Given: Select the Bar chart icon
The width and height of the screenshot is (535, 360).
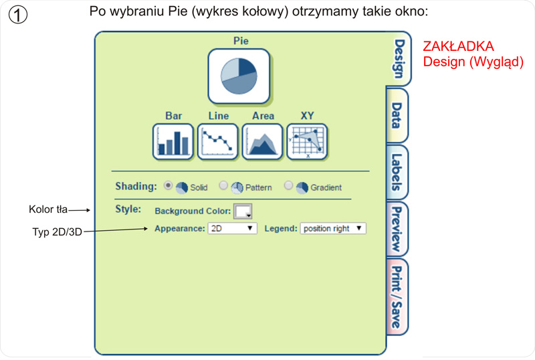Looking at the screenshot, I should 173,141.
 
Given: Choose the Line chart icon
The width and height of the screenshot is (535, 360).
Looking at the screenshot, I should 218,141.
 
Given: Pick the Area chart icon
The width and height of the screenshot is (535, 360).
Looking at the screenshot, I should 263,141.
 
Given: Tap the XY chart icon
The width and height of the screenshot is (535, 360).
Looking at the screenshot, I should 307,141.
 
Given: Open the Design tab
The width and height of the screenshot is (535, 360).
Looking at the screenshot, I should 399,59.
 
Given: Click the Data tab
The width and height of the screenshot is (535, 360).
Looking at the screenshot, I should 398,115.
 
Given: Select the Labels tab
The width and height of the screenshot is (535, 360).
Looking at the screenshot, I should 398,172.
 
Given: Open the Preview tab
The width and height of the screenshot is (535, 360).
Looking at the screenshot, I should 398,229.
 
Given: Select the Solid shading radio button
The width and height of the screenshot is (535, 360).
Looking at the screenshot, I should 168,186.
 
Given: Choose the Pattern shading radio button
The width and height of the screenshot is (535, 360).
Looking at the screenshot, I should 223,186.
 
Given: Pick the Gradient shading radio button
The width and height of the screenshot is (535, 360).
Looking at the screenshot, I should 288,186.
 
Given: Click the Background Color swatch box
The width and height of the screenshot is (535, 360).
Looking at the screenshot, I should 243,211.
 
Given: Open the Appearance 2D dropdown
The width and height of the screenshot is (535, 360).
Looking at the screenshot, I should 232,229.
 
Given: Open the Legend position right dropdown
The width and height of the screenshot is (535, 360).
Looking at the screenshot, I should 332,229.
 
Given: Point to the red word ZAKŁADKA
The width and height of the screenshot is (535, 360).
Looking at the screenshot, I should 458,47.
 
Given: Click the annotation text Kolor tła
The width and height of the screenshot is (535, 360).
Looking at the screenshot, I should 48,209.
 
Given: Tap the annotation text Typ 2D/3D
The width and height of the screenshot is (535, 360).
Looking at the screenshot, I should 57,232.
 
